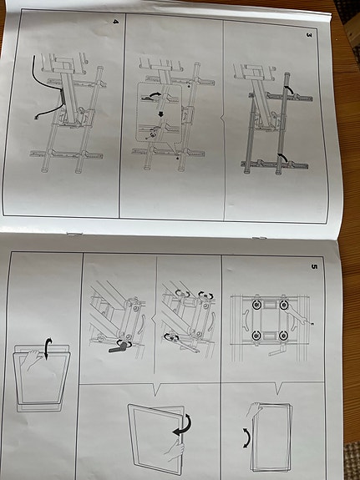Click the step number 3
click(x=309, y=36)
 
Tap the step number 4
click(x=116, y=22)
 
